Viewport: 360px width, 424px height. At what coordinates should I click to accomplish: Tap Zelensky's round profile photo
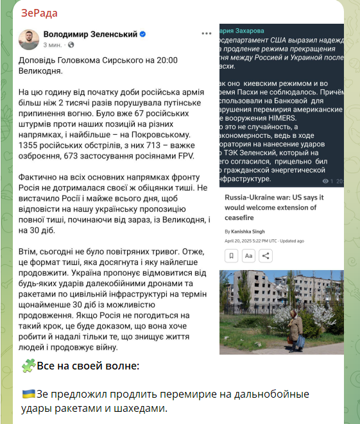[28, 38]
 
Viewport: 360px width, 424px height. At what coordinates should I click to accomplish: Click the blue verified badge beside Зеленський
[144, 33]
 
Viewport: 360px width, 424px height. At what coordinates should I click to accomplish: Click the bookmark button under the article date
[232, 255]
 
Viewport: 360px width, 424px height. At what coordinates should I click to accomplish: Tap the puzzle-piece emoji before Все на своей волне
[28, 366]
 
